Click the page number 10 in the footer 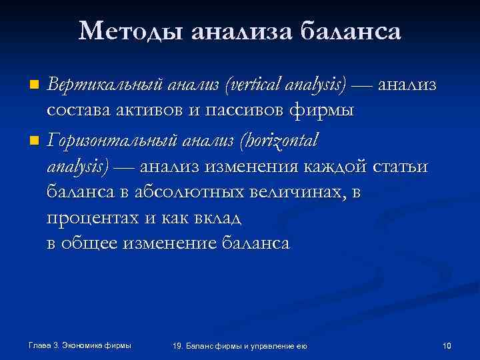(447, 345)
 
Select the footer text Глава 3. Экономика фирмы (80, 345)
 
